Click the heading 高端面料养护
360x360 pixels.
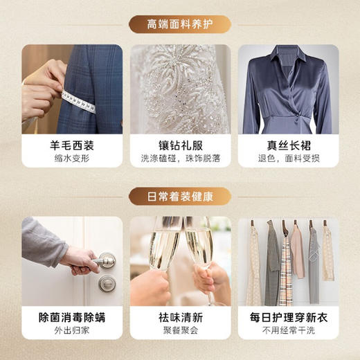pyautogui.click(x=179, y=25)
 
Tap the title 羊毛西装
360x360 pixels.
pyautogui.click(x=71, y=147)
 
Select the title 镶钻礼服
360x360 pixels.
pyautogui.click(x=179, y=147)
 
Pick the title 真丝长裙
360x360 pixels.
pyautogui.click(x=288, y=147)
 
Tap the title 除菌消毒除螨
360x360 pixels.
pyautogui.click(x=71, y=318)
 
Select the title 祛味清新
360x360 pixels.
pyautogui.click(x=179, y=318)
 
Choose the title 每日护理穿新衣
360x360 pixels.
pyautogui.click(x=288, y=318)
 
